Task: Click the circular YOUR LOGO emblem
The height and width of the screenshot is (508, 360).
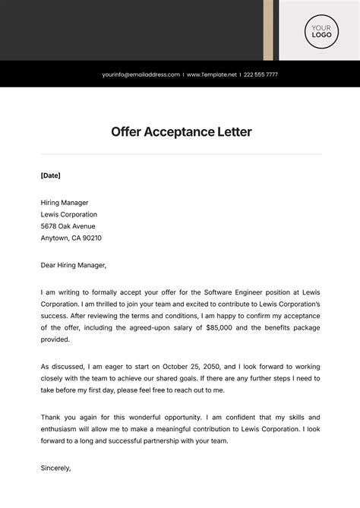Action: tap(319, 30)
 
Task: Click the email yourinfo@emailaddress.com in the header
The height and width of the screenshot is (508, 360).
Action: tap(141, 74)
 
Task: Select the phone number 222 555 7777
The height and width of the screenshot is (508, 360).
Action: tap(261, 74)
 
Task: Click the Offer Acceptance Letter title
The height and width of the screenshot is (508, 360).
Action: tap(181, 131)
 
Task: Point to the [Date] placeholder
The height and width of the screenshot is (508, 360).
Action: tap(50, 175)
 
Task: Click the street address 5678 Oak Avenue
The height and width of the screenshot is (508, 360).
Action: tap(68, 226)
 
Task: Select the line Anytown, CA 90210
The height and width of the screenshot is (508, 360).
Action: tap(71, 238)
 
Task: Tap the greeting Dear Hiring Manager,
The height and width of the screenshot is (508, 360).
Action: tap(74, 265)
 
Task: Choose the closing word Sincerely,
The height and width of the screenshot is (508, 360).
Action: tap(55, 468)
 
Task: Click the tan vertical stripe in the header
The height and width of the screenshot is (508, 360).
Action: tap(268, 30)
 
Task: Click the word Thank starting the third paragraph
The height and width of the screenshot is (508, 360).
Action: tap(51, 417)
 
